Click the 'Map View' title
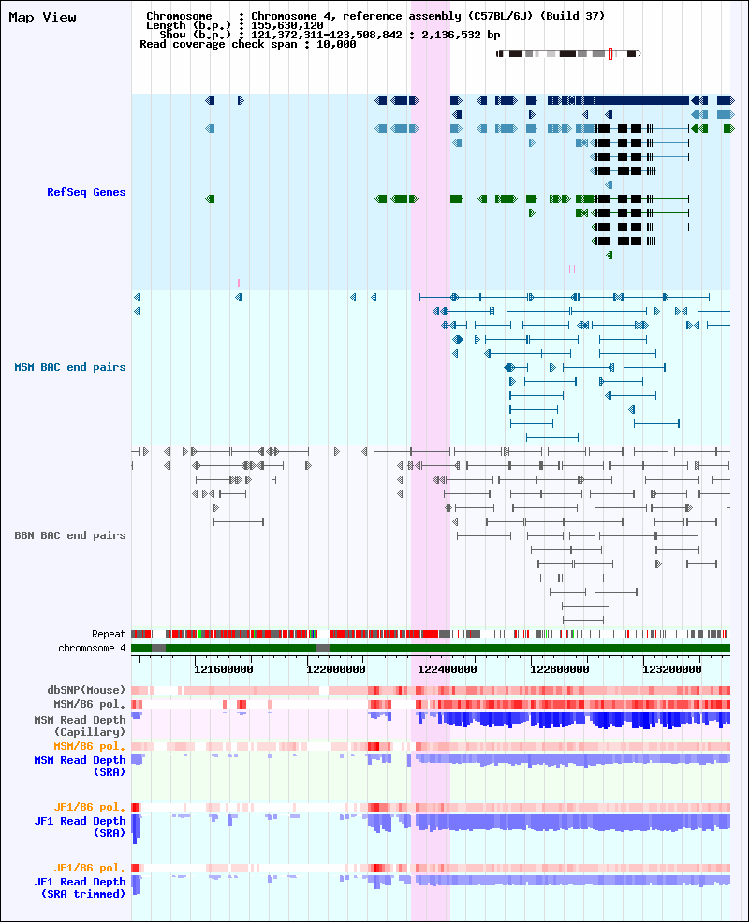[x=42, y=18]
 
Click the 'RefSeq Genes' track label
[x=86, y=192]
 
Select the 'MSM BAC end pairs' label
[x=70, y=368]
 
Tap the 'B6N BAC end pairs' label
[x=70, y=535]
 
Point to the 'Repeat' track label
[x=109, y=634]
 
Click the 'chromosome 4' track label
[x=92, y=648]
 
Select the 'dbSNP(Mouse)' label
[x=86, y=690]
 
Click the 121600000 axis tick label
[x=224, y=669]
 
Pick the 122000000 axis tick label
[x=336, y=669]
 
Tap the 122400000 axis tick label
[x=448, y=669]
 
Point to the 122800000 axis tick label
[x=560, y=669]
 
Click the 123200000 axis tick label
[x=672, y=669]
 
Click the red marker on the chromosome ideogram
[x=610, y=53]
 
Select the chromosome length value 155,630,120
[x=286, y=26]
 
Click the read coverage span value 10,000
[x=336, y=45]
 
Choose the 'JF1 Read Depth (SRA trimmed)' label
[x=80, y=888]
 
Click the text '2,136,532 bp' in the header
[x=461, y=35]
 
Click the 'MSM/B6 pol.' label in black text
[x=89, y=705]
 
